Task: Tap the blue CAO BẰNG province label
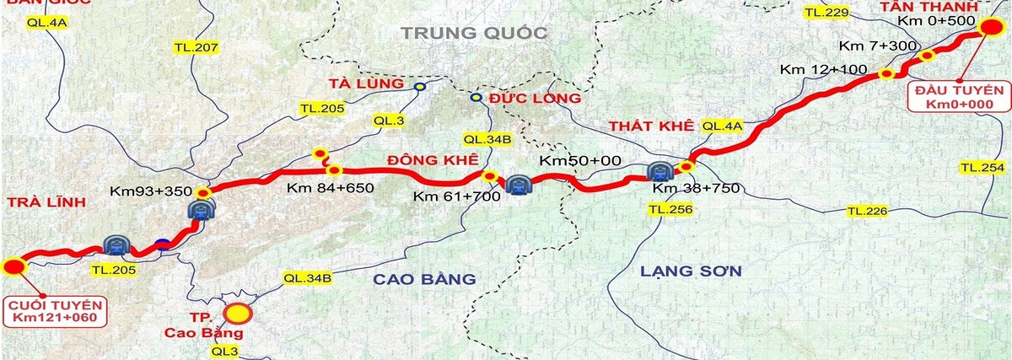tap(423, 278)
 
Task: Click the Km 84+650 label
tap(330, 187)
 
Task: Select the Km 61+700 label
tap(456, 196)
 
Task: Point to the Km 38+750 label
tap(696, 187)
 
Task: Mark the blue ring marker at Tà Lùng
tap(420, 86)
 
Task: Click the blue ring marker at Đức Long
tap(475, 98)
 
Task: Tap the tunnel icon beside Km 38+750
tap(659, 171)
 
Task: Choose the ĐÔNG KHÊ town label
tap(433, 159)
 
